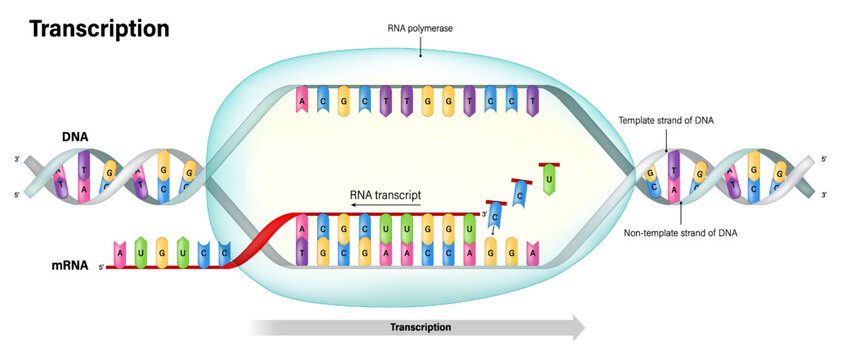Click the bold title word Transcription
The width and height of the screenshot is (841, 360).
pos(99,29)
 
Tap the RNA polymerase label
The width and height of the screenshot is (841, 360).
pos(421,29)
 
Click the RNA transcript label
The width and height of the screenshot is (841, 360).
pos(386,194)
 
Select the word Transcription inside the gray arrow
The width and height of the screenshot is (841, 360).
pos(420,327)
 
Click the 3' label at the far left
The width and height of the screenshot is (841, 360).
pos(17,159)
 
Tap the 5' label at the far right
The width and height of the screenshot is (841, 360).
pos(824,159)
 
